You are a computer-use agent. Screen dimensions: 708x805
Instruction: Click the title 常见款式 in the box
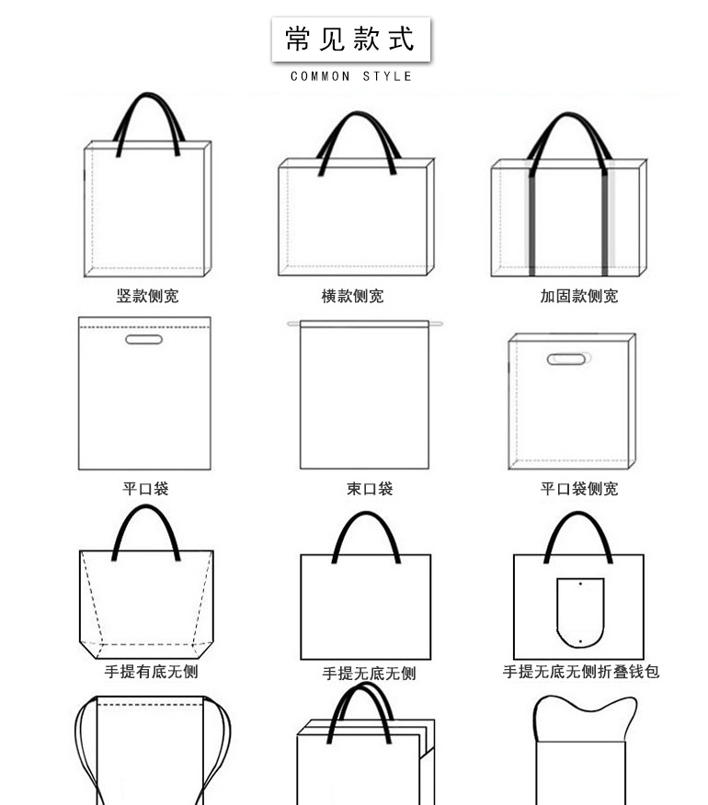click(x=350, y=39)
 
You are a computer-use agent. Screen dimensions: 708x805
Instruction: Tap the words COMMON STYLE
click(x=351, y=76)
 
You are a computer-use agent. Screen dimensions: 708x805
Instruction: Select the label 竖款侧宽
click(x=147, y=296)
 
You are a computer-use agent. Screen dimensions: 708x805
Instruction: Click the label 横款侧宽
click(x=352, y=296)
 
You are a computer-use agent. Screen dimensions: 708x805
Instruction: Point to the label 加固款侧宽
click(x=578, y=296)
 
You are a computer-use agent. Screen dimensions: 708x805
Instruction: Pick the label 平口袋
click(x=145, y=489)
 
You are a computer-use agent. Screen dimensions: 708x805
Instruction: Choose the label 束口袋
click(x=370, y=489)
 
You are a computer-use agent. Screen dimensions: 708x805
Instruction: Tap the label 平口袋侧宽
click(x=578, y=489)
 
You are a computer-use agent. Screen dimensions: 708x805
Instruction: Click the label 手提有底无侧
click(x=151, y=672)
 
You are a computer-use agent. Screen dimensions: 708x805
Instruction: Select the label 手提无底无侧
click(x=369, y=674)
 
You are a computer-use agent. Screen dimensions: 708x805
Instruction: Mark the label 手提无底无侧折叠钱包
click(x=581, y=672)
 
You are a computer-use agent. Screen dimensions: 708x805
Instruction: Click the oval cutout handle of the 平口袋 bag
click(x=143, y=340)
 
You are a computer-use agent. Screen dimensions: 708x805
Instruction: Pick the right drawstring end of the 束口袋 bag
click(x=437, y=323)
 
